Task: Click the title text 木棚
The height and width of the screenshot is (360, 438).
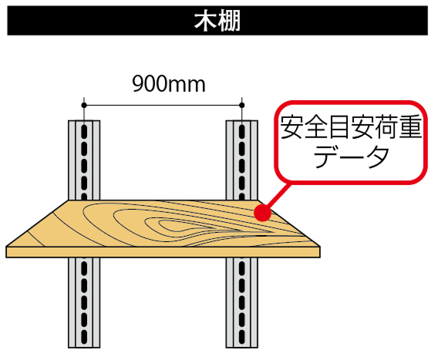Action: click(217, 21)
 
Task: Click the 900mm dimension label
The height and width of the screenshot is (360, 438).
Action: click(169, 84)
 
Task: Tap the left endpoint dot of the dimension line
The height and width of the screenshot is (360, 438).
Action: click(84, 106)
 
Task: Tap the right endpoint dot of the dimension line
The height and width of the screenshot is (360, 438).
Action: click(242, 106)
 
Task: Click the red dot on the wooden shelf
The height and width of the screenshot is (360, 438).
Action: click(263, 213)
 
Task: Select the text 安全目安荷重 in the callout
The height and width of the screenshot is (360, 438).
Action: click(351, 127)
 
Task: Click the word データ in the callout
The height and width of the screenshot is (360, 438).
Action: click(351, 156)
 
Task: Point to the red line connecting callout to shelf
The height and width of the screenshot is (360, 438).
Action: click(278, 197)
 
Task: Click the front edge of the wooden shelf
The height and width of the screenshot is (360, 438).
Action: click(163, 252)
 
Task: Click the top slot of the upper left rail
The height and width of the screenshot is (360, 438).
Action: click(84, 130)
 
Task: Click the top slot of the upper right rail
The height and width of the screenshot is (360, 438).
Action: click(242, 130)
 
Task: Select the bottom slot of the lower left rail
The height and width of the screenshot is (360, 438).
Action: click(84, 337)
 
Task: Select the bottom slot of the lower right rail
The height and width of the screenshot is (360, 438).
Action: click(242, 337)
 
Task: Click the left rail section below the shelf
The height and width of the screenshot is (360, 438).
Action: click(84, 302)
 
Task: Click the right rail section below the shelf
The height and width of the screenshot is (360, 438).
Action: click(242, 302)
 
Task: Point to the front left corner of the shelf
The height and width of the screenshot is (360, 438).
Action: click(6, 247)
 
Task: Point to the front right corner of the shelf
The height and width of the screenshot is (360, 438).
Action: click(320, 247)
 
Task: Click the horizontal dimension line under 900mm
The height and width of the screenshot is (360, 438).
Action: click(163, 106)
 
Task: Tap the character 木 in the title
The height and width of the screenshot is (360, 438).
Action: click(205, 22)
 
